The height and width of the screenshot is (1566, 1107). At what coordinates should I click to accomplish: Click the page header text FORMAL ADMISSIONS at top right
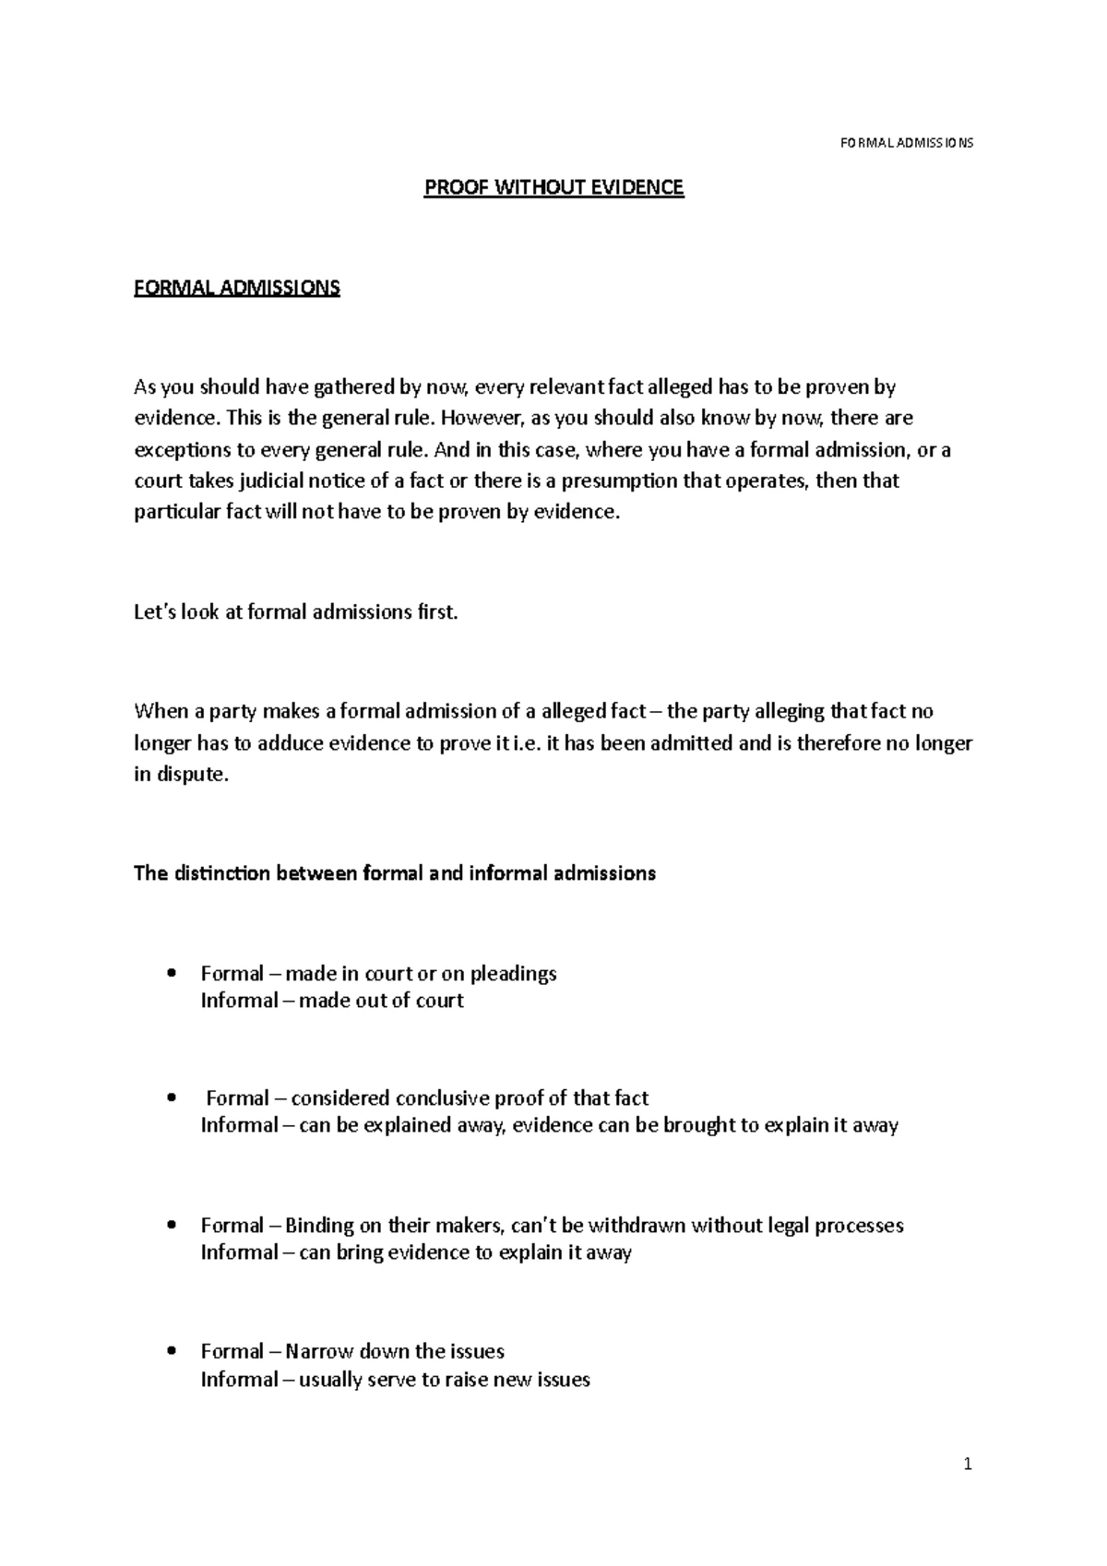(x=907, y=143)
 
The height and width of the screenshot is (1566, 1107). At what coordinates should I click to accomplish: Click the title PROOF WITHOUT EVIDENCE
(x=553, y=188)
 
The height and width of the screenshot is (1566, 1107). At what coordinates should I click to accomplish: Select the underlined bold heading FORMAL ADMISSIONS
(x=237, y=288)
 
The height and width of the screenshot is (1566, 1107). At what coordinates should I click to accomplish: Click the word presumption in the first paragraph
(x=620, y=481)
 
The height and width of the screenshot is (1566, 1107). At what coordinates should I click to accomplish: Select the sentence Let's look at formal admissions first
(x=295, y=612)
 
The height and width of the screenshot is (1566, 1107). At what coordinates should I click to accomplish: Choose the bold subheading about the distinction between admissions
(x=395, y=873)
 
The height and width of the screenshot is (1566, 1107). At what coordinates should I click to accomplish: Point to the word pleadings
(x=513, y=974)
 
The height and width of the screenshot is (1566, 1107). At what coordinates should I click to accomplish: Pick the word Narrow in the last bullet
(x=319, y=1352)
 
